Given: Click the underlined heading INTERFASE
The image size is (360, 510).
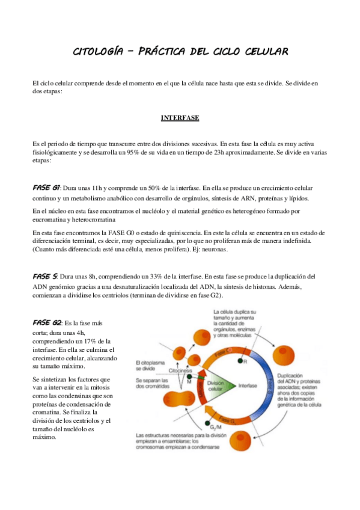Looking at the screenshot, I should coord(180,118).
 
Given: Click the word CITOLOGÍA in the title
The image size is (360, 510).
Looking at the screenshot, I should coord(99,52).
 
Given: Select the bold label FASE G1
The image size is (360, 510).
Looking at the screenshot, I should coord(46,188).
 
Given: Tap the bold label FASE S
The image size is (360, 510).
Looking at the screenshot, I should coord(44,276).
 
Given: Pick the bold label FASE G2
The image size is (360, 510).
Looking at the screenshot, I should coord(46,322).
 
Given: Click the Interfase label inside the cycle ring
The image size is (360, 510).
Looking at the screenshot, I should coord(248,386).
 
